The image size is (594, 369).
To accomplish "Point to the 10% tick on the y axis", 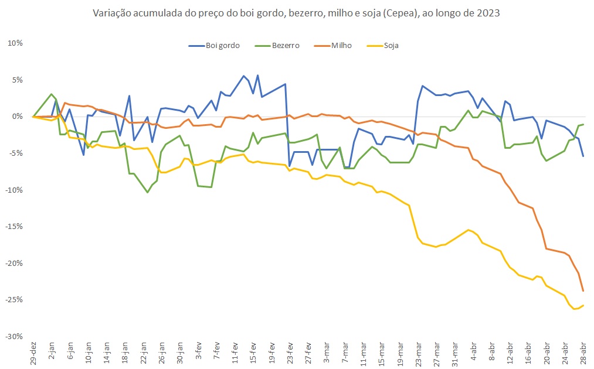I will pyautogui.click(x=15, y=43).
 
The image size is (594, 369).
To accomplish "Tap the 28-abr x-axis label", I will pyautogui.click(x=583, y=354).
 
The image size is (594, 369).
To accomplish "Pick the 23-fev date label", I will pyautogui.click(x=290, y=354).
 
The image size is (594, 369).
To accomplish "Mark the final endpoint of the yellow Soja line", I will pyautogui.click(x=583, y=305).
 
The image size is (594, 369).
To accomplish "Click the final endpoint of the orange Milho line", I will pyautogui.click(x=583, y=291).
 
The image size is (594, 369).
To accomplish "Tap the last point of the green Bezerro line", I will pyautogui.click(x=583, y=124).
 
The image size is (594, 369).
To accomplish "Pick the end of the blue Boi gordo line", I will pyautogui.click(x=583, y=156).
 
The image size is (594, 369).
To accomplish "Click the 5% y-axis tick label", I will pyautogui.click(x=16, y=80).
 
